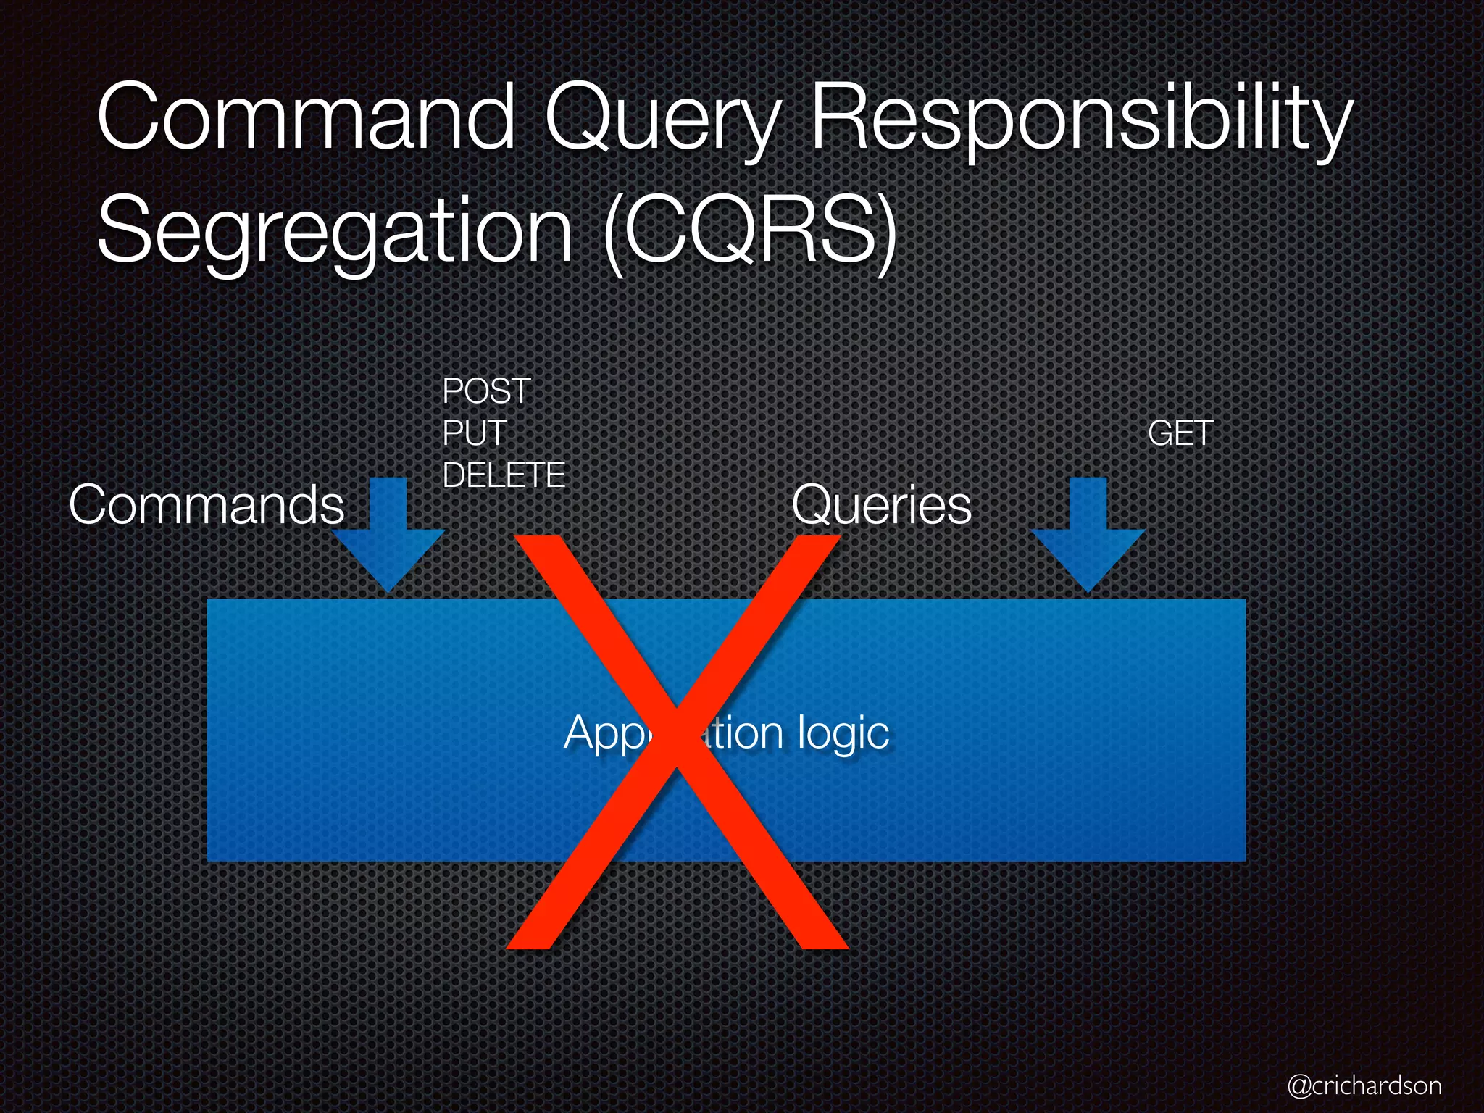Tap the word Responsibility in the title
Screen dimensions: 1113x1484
tap(1080, 120)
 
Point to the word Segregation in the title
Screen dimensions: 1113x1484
tap(335, 232)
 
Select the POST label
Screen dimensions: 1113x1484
tap(487, 392)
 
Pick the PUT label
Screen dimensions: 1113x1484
tap(474, 434)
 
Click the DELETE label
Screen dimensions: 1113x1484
tap(504, 476)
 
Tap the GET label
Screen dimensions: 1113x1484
tap(1180, 434)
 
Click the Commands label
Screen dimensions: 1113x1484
tap(207, 505)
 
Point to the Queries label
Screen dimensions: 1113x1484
tap(881, 505)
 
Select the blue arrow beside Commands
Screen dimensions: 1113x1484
tap(388, 536)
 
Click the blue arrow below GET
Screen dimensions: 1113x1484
tap(1088, 536)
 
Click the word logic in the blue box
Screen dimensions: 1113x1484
tap(843, 733)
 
